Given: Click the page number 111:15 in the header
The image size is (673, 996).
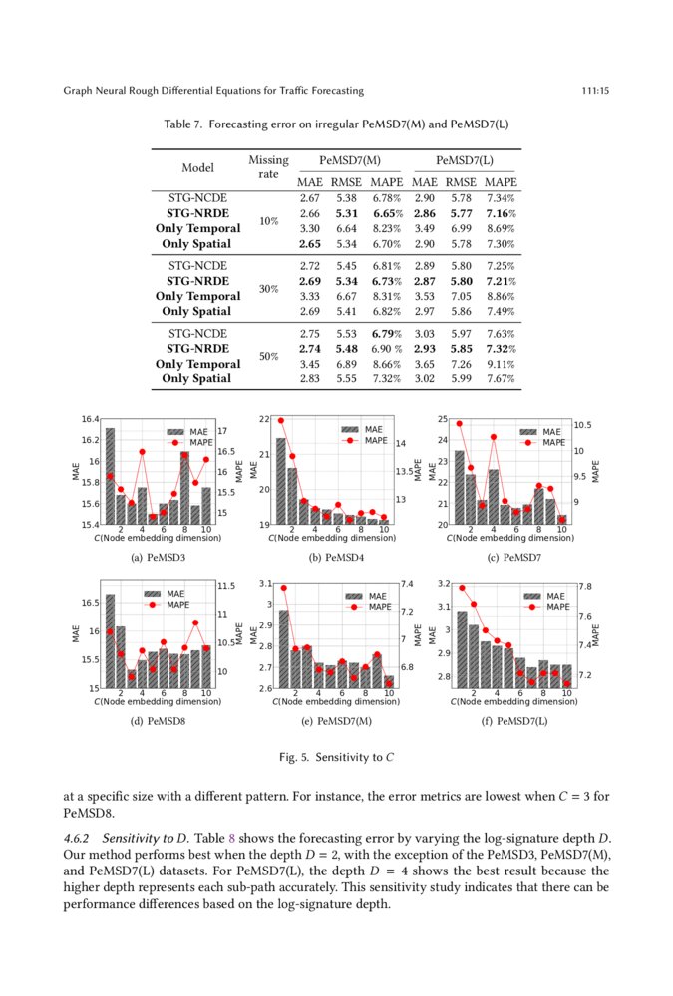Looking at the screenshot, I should (x=595, y=91).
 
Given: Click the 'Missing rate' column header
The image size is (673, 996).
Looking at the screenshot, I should (x=268, y=166).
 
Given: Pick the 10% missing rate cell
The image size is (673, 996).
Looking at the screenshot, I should (x=268, y=221).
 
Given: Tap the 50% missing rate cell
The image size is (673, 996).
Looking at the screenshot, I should (x=268, y=357).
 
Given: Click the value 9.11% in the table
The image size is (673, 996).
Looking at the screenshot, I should (x=501, y=365).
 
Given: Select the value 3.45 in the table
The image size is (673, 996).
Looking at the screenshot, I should (x=309, y=365).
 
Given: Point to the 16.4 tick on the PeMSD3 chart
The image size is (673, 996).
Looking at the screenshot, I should (x=90, y=419).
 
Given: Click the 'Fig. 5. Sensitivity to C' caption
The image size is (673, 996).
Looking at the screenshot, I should (x=336, y=757).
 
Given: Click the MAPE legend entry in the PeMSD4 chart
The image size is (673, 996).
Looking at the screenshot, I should (x=374, y=441).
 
